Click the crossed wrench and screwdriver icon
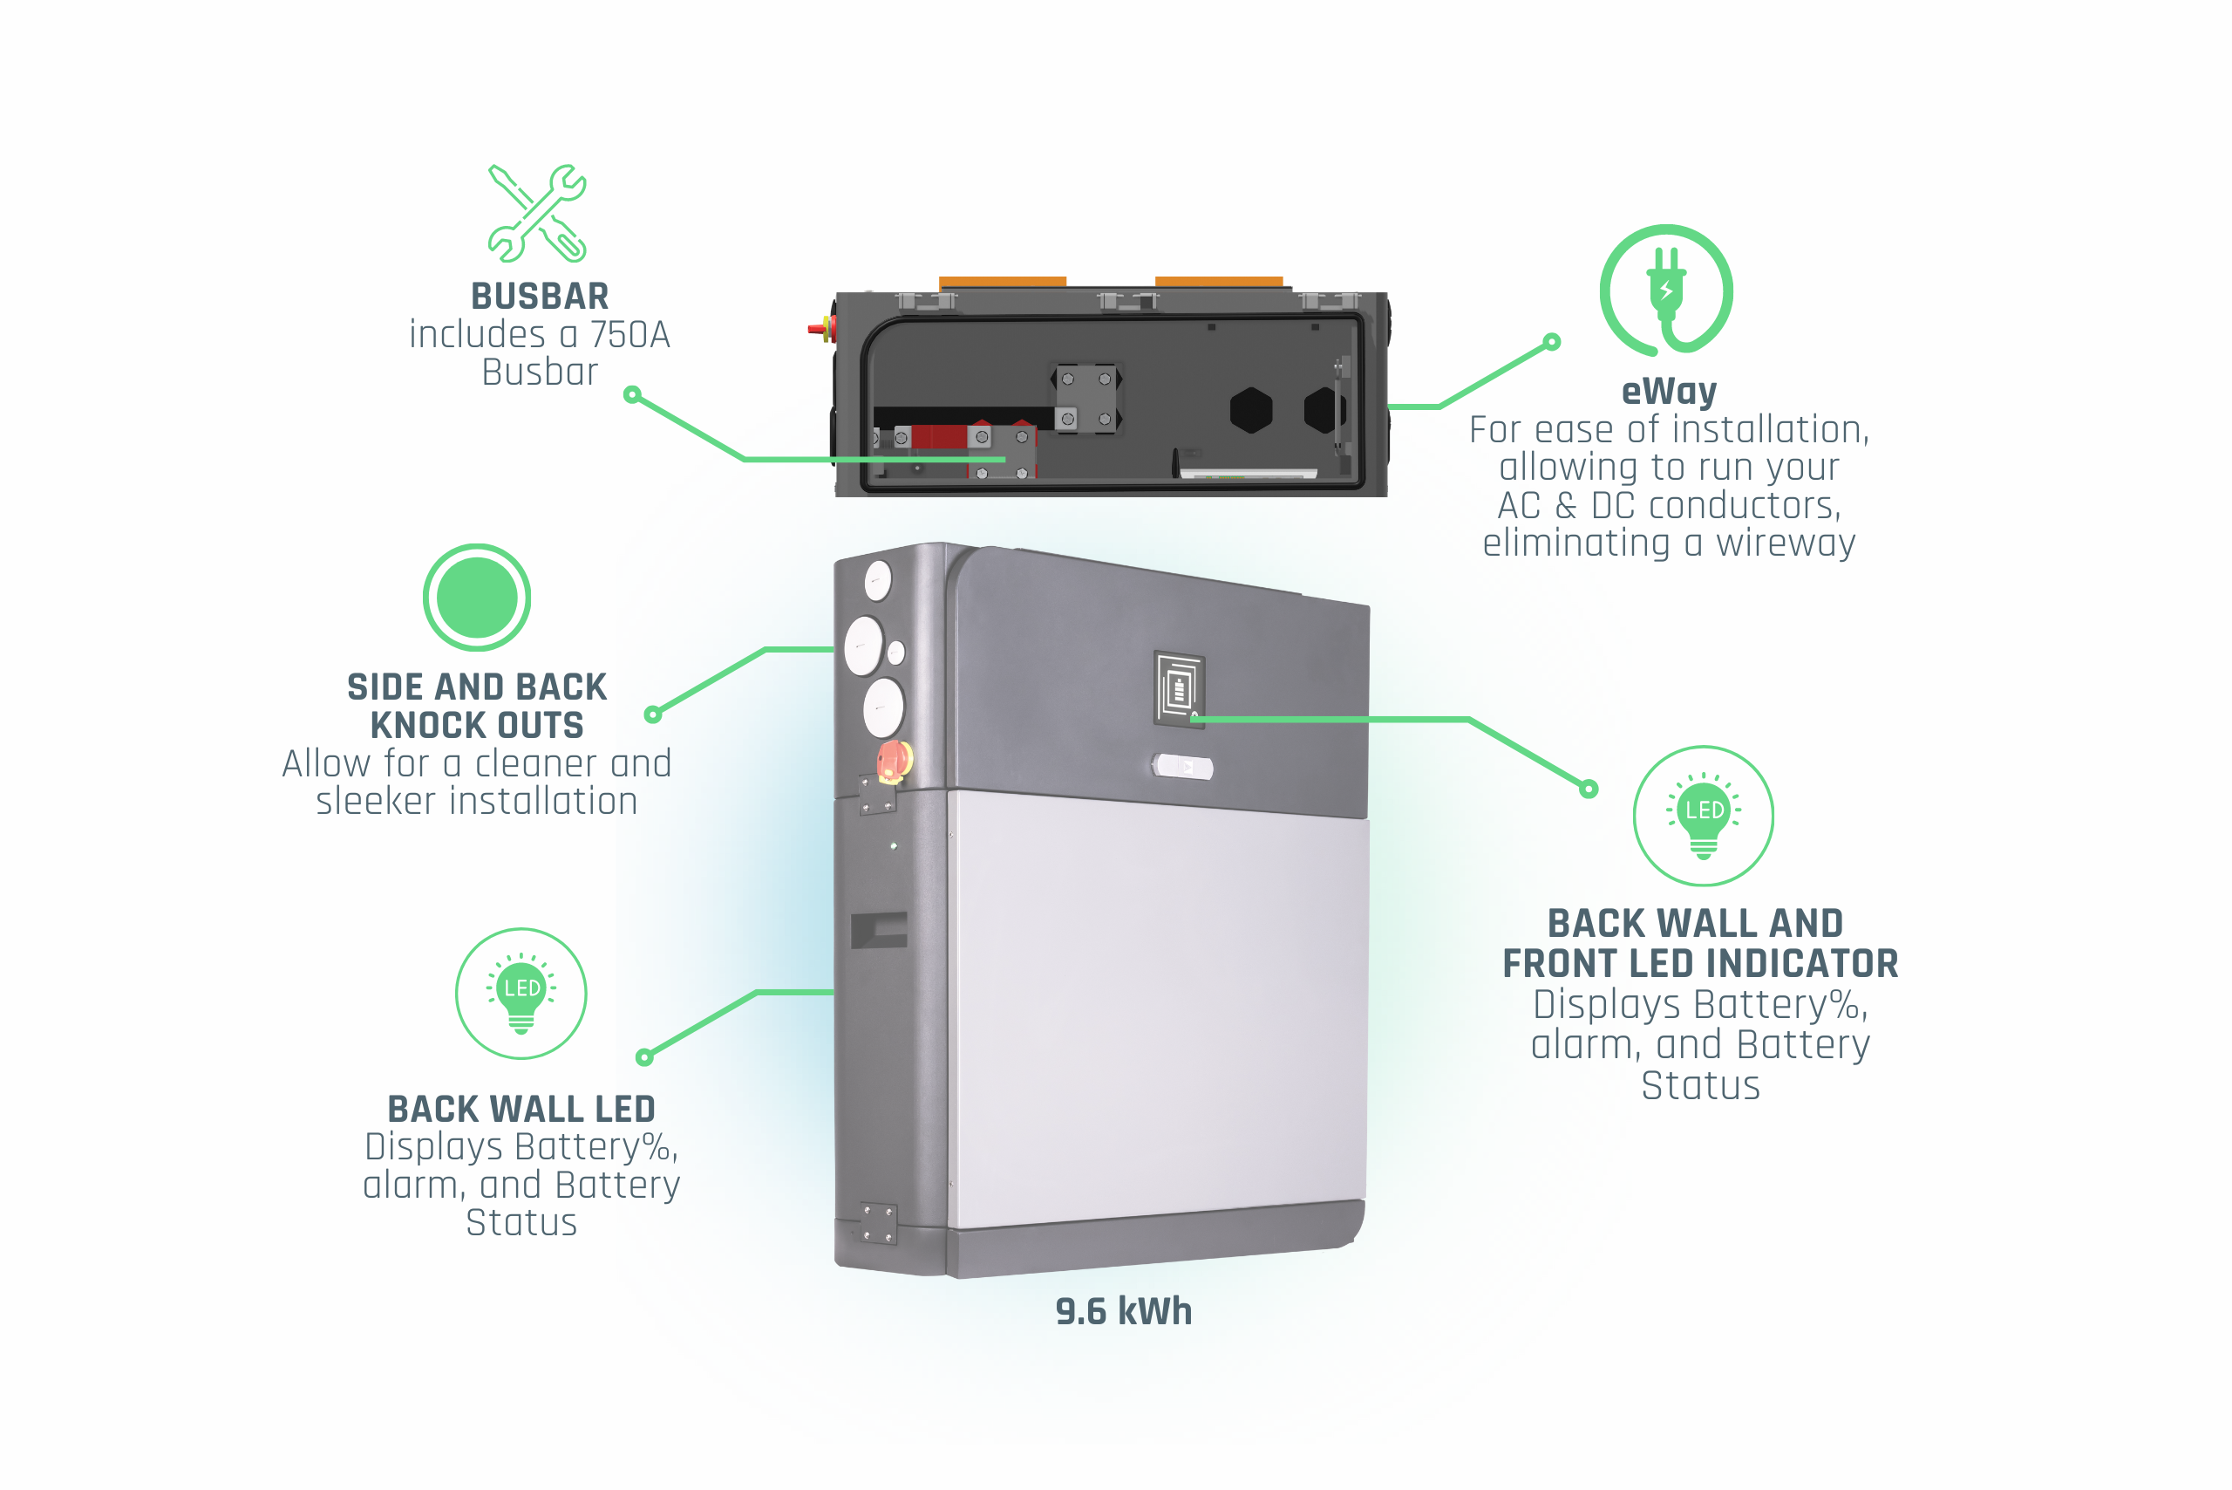538,214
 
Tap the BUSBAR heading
540,297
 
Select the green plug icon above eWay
1666,290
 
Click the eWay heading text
1669,391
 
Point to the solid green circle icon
477,598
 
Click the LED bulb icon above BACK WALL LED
521,993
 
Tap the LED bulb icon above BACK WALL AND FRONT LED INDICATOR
1703,816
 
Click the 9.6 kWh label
1124,1311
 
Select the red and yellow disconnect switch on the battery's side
893,762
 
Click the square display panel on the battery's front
1179,689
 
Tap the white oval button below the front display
1182,766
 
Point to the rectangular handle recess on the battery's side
879,929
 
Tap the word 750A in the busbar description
629,336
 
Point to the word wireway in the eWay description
1785,543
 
